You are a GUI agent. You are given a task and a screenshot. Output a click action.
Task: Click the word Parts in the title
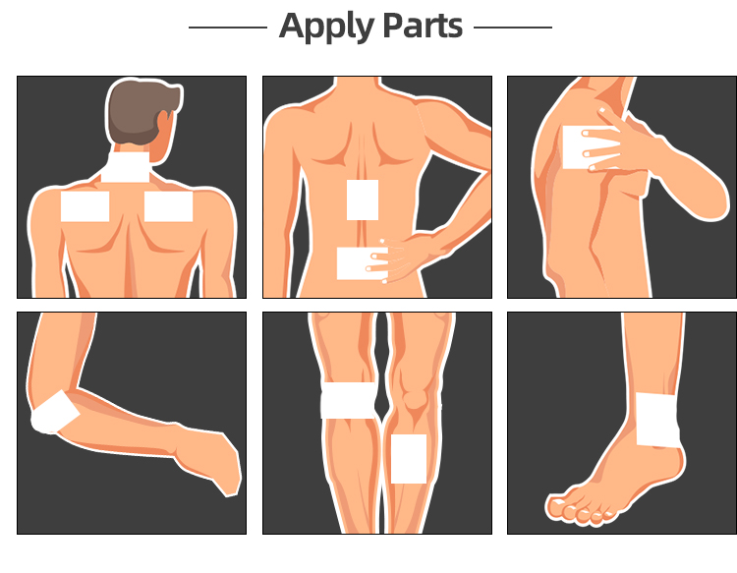pos(423,26)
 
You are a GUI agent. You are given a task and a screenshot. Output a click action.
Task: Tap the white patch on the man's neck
pos(126,167)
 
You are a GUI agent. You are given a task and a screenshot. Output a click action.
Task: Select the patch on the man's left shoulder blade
pos(85,206)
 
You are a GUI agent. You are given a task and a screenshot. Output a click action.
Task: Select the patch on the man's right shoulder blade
pos(168,206)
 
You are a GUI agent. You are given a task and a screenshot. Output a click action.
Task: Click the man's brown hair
pos(141,110)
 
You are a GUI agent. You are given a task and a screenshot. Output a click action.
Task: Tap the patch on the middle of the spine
pos(363,200)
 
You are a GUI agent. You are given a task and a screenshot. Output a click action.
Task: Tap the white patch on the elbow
pos(53,413)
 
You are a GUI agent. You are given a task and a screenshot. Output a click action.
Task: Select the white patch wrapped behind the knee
pos(348,400)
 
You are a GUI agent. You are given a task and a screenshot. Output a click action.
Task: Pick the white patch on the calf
pos(409,459)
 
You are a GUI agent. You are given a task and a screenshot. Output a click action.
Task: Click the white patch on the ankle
pos(657,420)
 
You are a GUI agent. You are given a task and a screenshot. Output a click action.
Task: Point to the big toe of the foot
pos(556,507)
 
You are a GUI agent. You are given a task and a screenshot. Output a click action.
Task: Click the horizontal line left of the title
pos(228,28)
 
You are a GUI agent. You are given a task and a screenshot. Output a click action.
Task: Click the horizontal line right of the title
pos(513,28)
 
